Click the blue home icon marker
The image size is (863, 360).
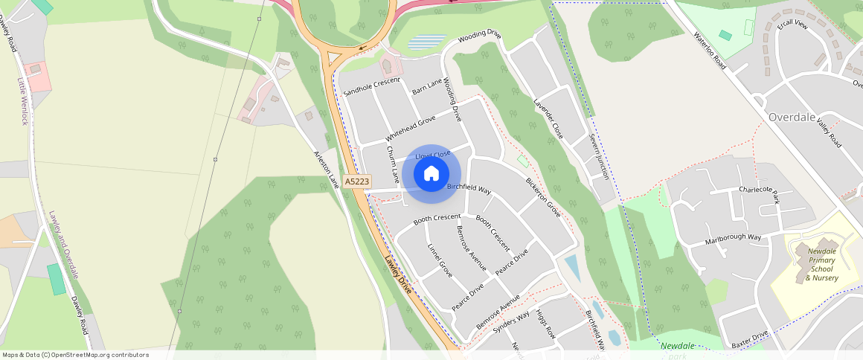coord(431,174)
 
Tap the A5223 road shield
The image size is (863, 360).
coord(357,181)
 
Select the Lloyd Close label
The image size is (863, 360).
coord(433,154)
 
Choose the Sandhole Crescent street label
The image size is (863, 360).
coord(372,87)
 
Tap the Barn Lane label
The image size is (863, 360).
coord(427,87)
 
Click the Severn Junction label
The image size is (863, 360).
coord(599,156)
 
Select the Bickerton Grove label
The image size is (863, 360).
coord(543,196)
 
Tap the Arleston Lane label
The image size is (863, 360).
coord(327,169)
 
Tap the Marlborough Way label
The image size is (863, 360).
coord(734,240)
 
